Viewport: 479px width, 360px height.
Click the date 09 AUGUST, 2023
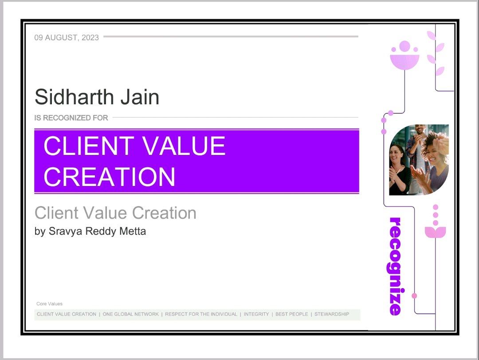click(x=67, y=38)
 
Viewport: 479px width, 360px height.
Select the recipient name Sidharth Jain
click(x=97, y=97)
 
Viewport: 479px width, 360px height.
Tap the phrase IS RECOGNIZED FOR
click(x=71, y=118)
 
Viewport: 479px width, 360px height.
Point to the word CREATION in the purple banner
click(x=110, y=177)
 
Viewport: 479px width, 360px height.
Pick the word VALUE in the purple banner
click(x=184, y=146)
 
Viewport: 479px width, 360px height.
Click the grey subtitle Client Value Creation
click(x=115, y=213)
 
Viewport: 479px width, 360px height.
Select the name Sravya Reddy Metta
click(x=97, y=231)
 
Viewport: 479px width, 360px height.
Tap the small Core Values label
click(x=50, y=304)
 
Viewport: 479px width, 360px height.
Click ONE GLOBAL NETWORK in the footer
click(x=131, y=314)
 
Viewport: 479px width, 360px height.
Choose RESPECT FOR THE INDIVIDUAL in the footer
click(x=201, y=314)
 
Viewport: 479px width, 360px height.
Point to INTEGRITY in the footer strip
click(x=256, y=314)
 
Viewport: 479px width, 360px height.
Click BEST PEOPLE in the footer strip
click(x=292, y=314)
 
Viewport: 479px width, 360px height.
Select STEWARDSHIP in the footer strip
click(x=332, y=314)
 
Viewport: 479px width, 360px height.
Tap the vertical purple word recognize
click(x=395, y=266)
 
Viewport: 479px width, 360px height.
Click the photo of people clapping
click(x=419, y=160)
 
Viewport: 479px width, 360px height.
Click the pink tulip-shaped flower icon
click(x=436, y=232)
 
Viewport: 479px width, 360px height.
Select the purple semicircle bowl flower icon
click(x=405, y=62)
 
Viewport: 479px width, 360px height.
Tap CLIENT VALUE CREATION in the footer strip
click(x=66, y=314)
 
